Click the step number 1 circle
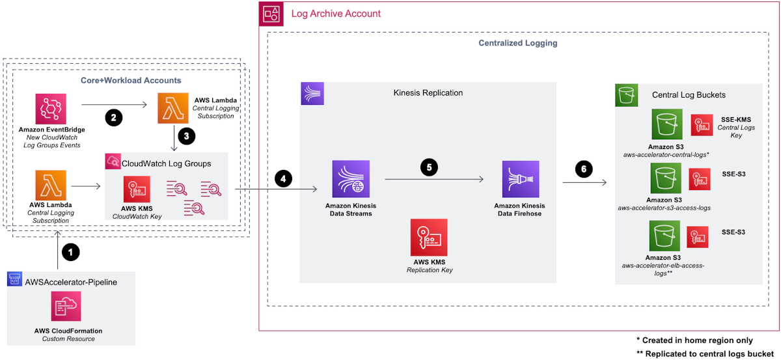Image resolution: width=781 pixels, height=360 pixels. [x=70, y=251]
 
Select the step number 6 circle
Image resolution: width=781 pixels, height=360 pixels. [x=584, y=169]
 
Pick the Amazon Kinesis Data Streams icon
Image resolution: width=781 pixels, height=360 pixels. [x=350, y=179]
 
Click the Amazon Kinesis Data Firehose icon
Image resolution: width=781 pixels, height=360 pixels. [x=520, y=179]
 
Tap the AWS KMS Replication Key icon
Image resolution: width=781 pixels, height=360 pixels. [x=428, y=237]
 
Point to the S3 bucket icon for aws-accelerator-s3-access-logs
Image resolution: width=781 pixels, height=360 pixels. [x=665, y=178]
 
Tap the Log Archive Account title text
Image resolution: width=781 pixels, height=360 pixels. [x=336, y=14]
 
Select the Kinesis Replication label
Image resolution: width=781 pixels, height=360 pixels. [x=428, y=93]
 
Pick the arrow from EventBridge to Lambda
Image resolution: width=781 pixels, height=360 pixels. [x=113, y=104]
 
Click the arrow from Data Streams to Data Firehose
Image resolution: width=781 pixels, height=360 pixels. [x=433, y=179]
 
